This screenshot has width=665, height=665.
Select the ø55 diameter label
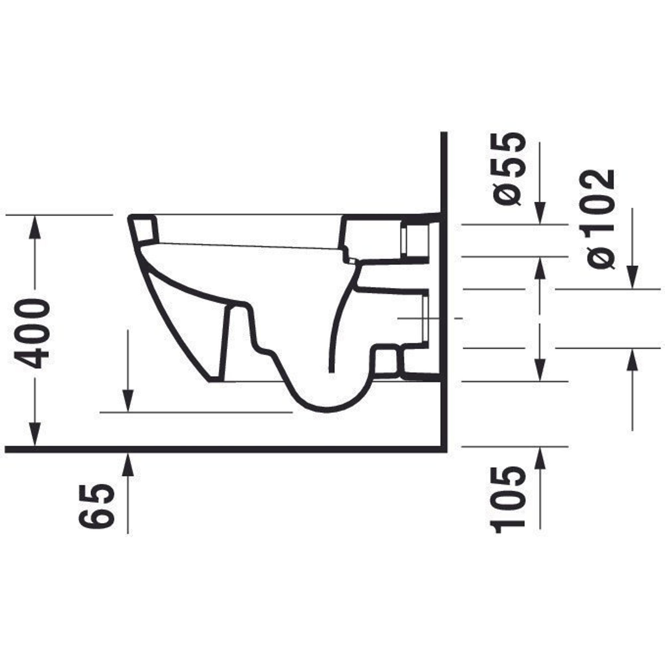[510, 169]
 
